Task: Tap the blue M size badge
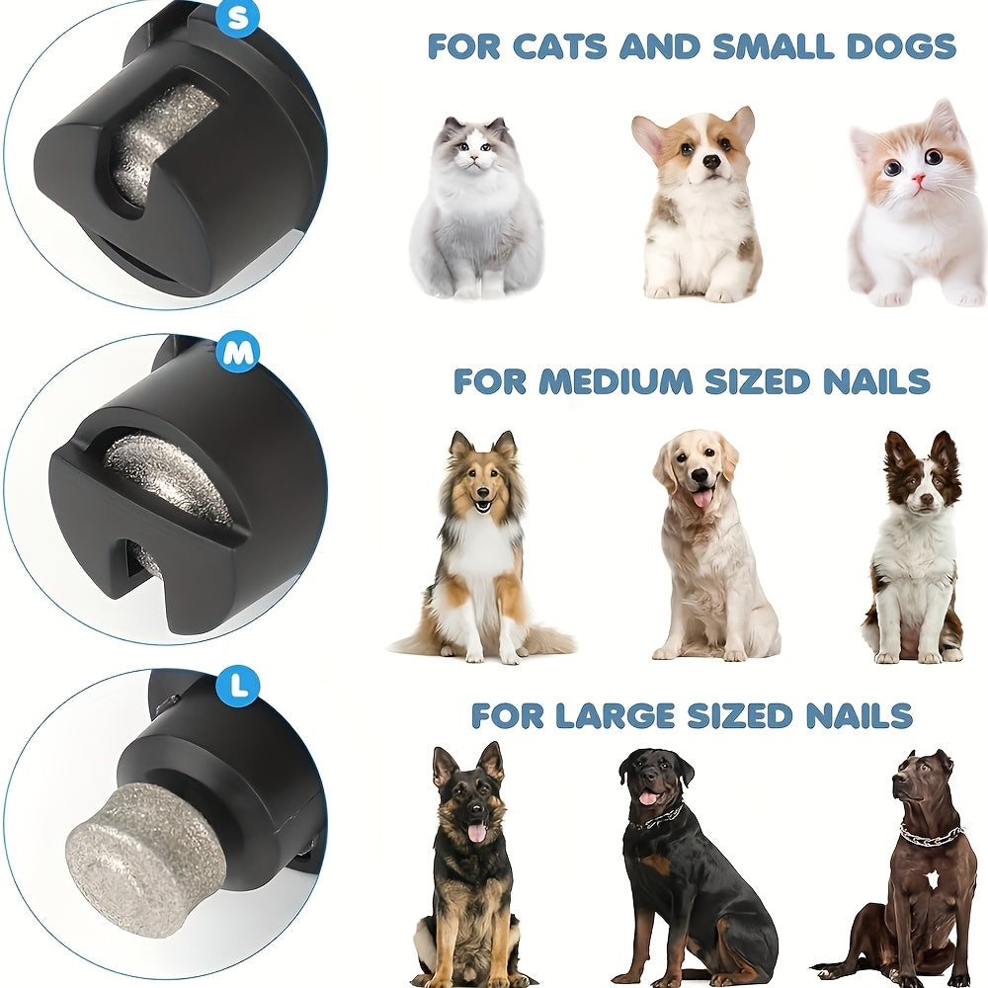[x=237, y=353]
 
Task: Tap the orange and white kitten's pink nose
[x=918, y=180]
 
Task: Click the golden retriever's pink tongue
[x=702, y=497]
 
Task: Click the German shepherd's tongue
[x=476, y=832]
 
